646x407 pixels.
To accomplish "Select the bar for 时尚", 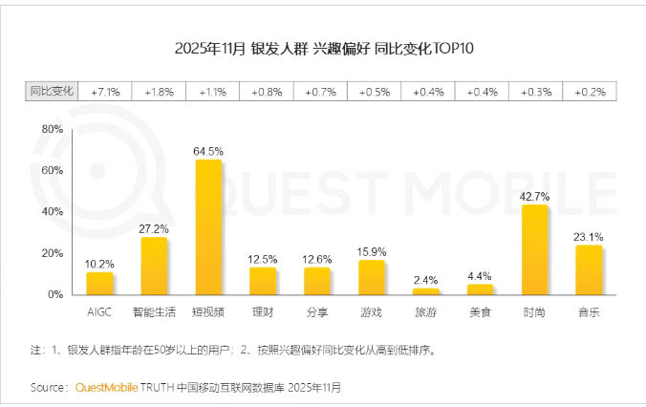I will pos(535,249).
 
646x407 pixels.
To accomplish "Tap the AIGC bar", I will pos(99,284).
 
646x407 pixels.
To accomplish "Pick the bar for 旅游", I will pos(426,291).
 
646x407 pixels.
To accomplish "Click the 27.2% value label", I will pos(154,229).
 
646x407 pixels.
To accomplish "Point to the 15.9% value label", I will pos(372,252).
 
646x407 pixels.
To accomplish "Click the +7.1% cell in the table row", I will pos(104,92).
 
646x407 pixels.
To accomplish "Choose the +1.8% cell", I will pos(159,92).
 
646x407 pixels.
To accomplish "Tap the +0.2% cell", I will pos(590,92).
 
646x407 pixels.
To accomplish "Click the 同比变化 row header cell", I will pos(51,92).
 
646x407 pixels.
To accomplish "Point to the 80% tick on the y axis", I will pos(53,128).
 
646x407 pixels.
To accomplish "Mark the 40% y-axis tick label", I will pos(53,211).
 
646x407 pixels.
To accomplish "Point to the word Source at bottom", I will pos(49,388).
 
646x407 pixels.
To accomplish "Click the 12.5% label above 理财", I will pos(263,259).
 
